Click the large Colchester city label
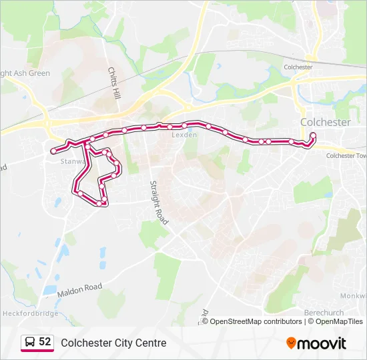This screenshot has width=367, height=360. pos(325,122)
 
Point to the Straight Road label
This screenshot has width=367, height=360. pos(156,202)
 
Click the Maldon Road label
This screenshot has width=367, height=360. pos(79,287)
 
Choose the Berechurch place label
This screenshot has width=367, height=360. pos(324,313)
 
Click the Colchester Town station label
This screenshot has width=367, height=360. pos(346,155)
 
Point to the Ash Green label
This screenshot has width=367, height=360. pos(25,73)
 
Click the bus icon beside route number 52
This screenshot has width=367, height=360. pos(29,342)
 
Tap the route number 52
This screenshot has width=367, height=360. pos(45,342)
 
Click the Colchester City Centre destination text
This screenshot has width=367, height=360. pos(113,343)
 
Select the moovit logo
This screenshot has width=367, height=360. pos(316,343)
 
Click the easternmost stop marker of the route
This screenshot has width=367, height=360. pos(313,136)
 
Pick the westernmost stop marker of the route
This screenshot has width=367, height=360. pos(53,151)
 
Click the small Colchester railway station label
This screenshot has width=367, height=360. pos(298,67)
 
